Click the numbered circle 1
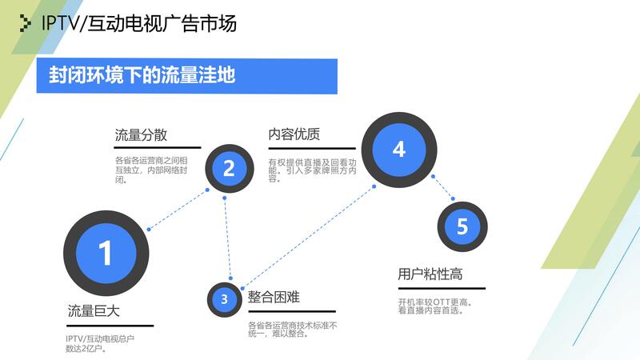[105, 252]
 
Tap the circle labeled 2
[229, 168]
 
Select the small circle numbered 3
[225, 298]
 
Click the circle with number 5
[462, 226]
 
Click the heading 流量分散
[141, 134]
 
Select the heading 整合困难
[274, 298]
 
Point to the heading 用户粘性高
[430, 274]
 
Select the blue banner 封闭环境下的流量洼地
[186, 76]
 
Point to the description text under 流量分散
[150, 170]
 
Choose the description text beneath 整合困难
[292, 329]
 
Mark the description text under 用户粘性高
[434, 306]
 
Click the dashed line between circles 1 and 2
[178, 210]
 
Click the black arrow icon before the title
[26, 24]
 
